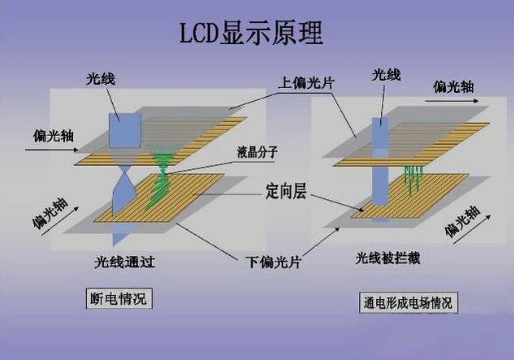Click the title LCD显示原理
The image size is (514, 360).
pos(252,33)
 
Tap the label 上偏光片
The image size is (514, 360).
pos(306,83)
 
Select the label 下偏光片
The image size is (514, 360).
pos(273,262)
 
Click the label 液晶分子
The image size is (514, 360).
pos(257,152)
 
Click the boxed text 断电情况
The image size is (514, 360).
pos(119,298)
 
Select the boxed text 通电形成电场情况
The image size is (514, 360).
pos(408,303)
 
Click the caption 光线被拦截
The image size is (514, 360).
pos(388,258)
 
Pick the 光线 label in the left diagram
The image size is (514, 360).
pos(101,79)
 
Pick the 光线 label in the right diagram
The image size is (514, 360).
pos(386,75)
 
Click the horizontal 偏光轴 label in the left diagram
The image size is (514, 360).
pos(53,136)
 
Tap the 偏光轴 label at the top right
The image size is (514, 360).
pos(453,87)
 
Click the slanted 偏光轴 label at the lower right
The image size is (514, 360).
pos(462,221)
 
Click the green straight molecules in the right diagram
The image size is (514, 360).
pos(412,180)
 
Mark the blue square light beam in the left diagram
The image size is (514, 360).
pos(125,131)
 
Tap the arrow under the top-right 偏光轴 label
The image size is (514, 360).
pos(452,101)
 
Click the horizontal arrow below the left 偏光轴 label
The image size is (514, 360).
pos(52,150)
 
